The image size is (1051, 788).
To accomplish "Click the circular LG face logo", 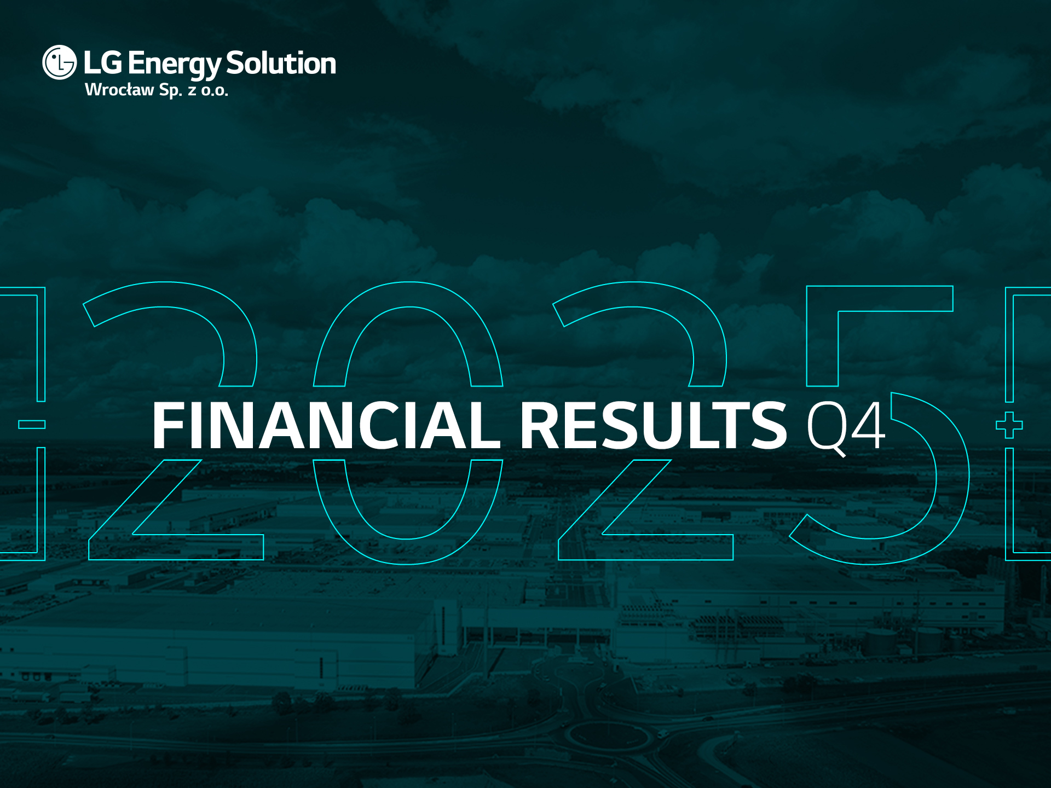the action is pyautogui.click(x=60, y=62).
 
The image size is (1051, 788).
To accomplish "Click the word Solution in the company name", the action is pyautogui.click(x=281, y=63).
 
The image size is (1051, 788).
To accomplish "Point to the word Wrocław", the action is pyautogui.click(x=119, y=90).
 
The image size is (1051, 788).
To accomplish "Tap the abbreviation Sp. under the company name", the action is pyautogui.click(x=170, y=91).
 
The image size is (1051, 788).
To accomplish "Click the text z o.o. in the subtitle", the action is pyautogui.click(x=208, y=91).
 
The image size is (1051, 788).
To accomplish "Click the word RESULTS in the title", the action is pyautogui.click(x=654, y=425).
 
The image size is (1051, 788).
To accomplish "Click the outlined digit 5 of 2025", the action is pyautogui.click(x=880, y=425).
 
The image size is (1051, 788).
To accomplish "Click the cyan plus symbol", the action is pyautogui.click(x=1009, y=425).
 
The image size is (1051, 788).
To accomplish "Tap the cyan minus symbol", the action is pyautogui.click(x=32, y=424).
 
